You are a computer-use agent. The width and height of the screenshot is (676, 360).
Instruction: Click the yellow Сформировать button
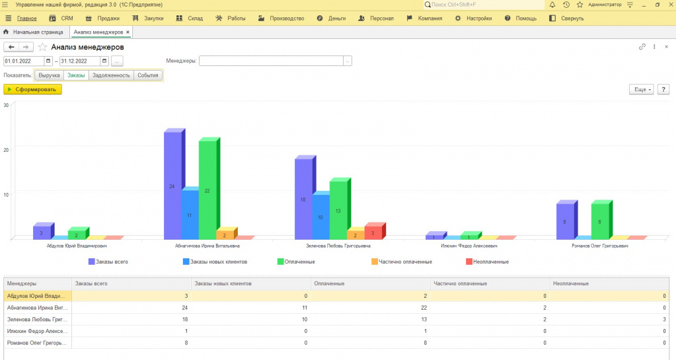point(33,89)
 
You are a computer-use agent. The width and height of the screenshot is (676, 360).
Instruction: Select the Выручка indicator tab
point(49,75)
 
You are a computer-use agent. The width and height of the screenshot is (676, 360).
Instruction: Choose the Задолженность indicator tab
point(111,75)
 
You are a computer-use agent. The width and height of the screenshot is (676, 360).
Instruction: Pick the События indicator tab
point(148,75)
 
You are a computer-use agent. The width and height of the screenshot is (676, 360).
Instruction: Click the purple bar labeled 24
point(172,186)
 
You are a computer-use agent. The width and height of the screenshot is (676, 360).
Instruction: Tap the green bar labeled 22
point(207,190)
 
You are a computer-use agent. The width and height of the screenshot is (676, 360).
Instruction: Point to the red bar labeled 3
point(373,233)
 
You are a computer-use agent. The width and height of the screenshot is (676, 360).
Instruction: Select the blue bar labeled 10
point(320,217)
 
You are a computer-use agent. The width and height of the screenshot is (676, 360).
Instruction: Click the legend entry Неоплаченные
point(490,262)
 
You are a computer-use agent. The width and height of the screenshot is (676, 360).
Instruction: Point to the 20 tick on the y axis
point(6,150)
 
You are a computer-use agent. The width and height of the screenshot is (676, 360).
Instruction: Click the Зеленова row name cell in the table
point(37,319)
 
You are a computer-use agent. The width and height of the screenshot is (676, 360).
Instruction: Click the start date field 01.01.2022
point(23,61)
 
